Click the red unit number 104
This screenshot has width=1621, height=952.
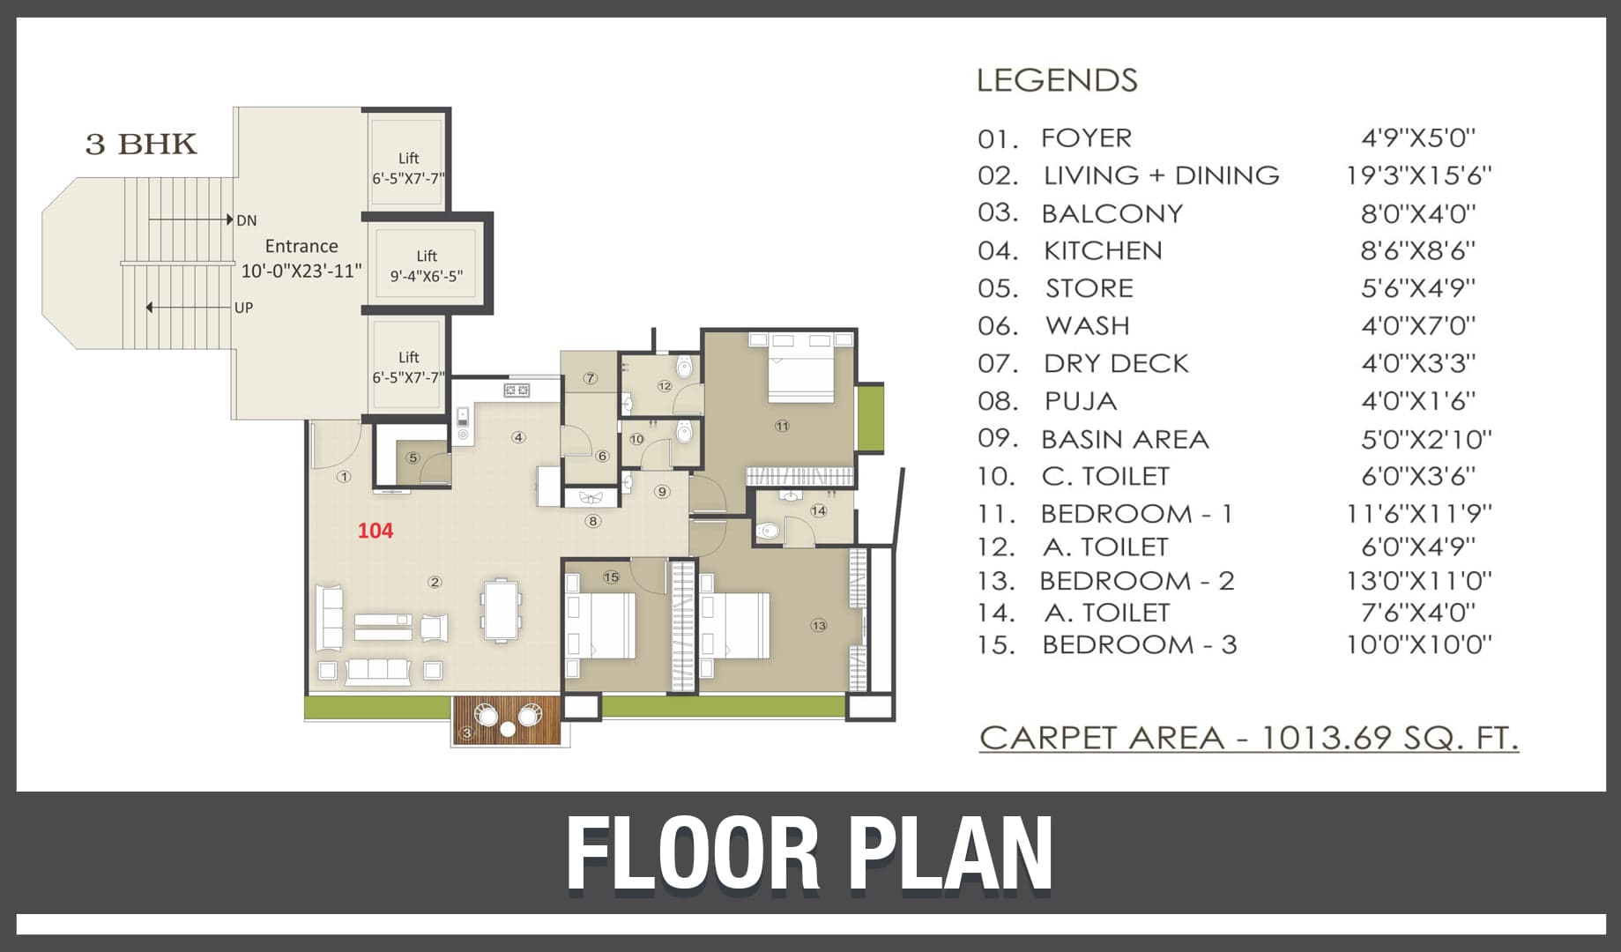pos(375,531)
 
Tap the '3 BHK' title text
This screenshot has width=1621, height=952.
pos(141,144)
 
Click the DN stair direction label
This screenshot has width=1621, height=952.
pos(247,220)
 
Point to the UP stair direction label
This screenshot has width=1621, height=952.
pos(243,308)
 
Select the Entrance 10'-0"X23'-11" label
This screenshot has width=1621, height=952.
pos(301,258)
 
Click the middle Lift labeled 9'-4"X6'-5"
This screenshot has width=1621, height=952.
pos(427,265)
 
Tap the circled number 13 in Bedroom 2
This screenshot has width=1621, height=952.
pos(819,626)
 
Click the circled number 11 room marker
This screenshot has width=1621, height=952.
pos(782,427)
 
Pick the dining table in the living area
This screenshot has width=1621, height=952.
pos(501,609)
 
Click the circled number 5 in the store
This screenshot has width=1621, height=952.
pos(413,457)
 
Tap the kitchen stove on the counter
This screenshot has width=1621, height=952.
pos(517,390)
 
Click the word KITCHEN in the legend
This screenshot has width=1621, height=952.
pos(1103,251)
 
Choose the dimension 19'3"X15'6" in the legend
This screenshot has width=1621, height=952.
pos(1418,175)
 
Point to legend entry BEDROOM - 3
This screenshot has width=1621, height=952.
pos(1139,645)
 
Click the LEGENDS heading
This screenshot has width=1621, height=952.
pos(1057,80)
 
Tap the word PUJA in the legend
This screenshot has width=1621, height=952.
pos(1081,402)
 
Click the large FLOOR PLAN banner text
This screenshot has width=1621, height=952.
pos(809,853)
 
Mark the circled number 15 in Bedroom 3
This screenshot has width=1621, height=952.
pos(611,577)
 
